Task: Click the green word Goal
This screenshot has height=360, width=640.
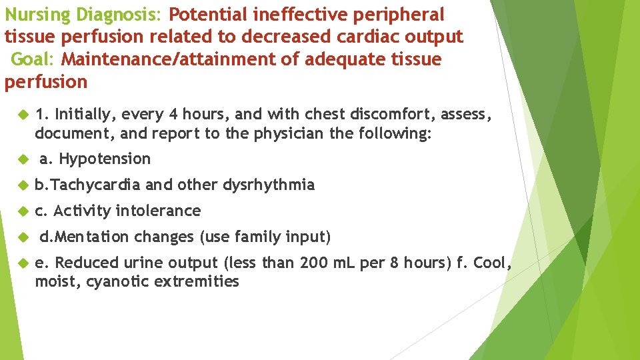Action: pos(31,59)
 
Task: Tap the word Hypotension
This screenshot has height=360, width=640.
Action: pos(105,159)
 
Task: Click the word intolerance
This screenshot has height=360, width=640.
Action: pos(158,211)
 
